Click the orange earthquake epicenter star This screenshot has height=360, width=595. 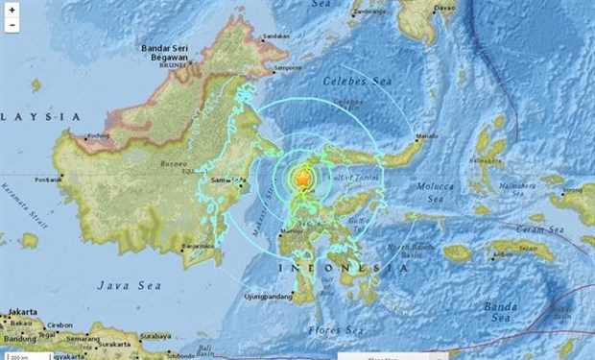tap(303, 179)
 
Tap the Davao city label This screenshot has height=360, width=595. tap(443, 8)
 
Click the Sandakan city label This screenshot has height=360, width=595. tap(275, 36)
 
